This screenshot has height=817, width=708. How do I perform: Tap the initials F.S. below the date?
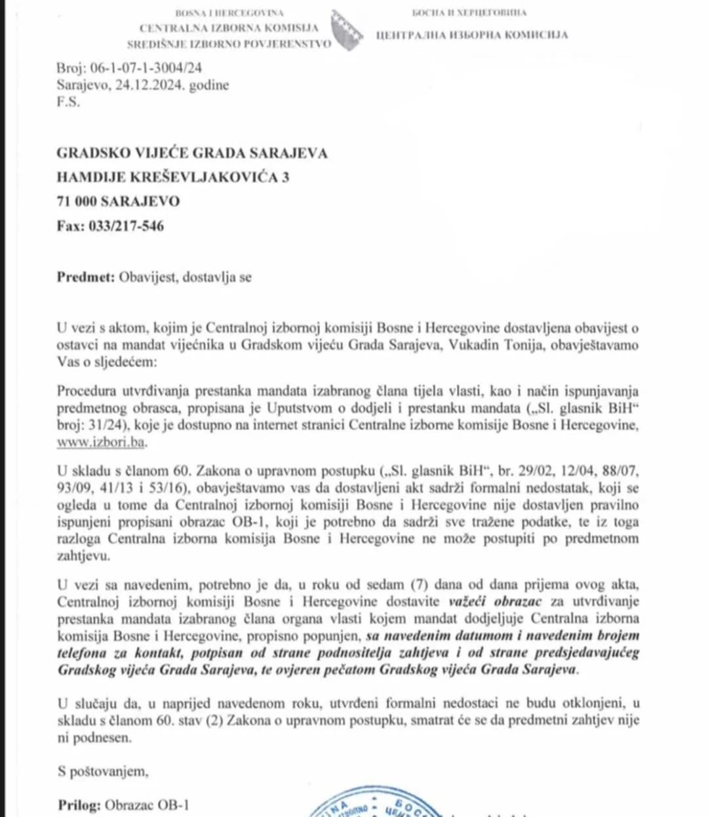(68, 102)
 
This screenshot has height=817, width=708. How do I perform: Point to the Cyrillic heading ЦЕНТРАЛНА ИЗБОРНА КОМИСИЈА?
(471, 35)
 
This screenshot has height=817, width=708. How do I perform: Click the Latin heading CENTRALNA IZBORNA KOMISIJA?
(229, 28)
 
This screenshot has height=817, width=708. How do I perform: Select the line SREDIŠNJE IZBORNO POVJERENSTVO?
(229, 44)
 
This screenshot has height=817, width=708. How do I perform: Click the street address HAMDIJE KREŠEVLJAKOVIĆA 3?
(173, 177)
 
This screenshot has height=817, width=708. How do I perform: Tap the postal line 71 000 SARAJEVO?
(118, 201)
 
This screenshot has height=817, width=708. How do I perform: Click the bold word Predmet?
(85, 277)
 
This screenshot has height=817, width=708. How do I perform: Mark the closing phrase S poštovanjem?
(103, 771)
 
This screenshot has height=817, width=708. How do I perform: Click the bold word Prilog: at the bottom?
(79, 805)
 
